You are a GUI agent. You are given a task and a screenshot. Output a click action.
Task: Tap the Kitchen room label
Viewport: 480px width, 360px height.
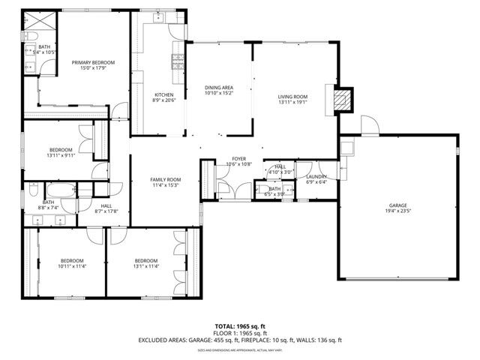163,94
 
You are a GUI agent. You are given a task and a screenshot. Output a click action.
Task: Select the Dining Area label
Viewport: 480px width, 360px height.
219,88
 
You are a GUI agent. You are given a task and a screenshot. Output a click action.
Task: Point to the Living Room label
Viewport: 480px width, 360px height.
292,96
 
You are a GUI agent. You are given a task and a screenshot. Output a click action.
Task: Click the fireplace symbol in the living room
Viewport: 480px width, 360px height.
343,100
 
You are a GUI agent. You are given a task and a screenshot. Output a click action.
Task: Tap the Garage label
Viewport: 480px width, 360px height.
397,205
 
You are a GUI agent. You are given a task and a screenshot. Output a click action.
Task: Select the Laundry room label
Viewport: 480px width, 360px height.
316,176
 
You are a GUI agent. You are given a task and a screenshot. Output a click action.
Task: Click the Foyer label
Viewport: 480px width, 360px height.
238,159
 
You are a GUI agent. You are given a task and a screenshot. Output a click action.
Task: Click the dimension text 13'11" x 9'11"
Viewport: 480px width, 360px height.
61,155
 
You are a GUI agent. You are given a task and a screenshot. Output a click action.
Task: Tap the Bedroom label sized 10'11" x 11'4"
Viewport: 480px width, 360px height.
72,261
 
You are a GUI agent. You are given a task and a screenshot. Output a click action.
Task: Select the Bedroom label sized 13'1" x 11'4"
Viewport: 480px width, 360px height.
145,261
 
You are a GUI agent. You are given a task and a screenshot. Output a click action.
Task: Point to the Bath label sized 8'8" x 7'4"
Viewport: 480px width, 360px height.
48,202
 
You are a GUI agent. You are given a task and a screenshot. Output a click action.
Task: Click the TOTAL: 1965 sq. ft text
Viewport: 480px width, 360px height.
240,326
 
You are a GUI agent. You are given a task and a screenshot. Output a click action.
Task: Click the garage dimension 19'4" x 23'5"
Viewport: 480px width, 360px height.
397,211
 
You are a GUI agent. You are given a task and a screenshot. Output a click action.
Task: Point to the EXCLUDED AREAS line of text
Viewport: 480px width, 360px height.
240,340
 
